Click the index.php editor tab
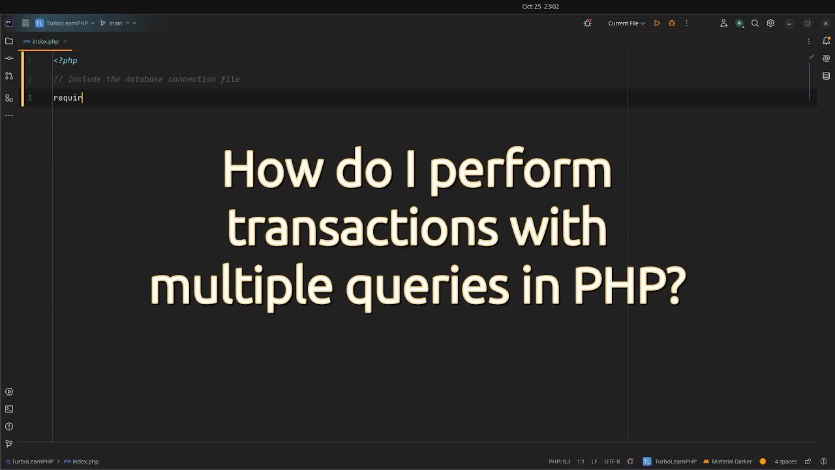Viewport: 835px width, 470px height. (x=45, y=42)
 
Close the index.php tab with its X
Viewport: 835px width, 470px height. (x=65, y=42)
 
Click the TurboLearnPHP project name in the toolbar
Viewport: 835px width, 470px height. (x=67, y=23)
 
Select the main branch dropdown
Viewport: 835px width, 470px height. (x=115, y=23)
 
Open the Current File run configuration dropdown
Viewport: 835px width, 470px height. (x=626, y=23)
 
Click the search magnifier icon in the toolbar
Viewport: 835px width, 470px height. (x=755, y=23)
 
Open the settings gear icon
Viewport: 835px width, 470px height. (x=770, y=23)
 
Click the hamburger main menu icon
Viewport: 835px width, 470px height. (x=25, y=23)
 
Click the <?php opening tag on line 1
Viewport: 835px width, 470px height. (x=65, y=61)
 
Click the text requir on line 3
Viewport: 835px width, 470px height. (x=68, y=98)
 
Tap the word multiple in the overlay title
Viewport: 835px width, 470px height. (x=241, y=285)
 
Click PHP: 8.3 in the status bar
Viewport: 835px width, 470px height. (x=559, y=462)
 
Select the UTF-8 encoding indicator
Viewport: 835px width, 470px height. (x=612, y=462)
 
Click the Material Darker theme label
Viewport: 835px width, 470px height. (x=731, y=462)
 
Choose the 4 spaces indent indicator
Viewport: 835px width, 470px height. (x=785, y=462)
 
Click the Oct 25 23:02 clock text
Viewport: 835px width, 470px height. (x=540, y=7)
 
